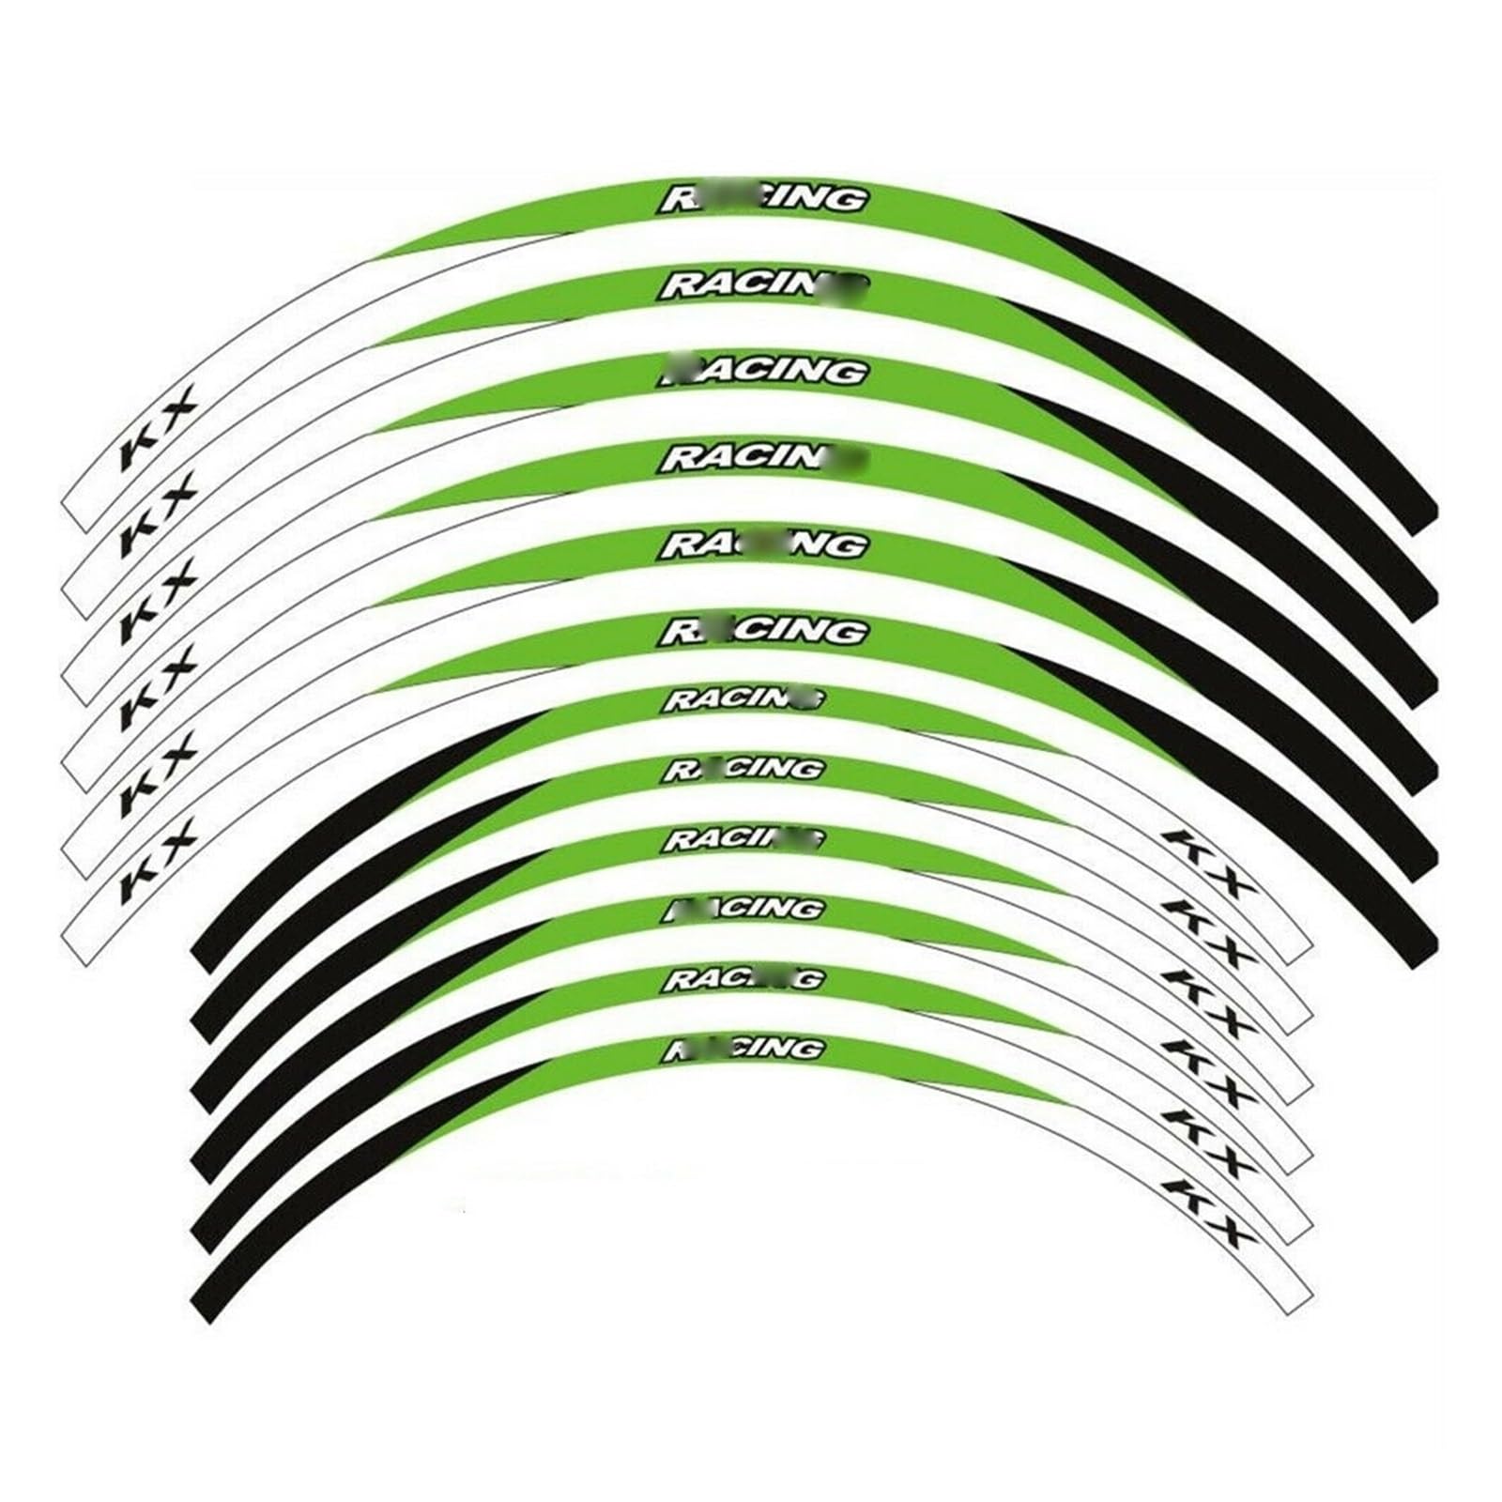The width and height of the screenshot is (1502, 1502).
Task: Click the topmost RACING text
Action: point(762,199)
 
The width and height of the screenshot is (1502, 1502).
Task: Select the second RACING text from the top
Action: point(762,284)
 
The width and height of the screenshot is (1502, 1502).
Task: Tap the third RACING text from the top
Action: point(762,371)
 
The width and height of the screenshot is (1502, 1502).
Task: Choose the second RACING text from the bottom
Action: point(744,979)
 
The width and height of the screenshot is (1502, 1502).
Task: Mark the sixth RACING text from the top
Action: point(762,631)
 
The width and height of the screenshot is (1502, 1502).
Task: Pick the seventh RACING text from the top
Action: point(744,699)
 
